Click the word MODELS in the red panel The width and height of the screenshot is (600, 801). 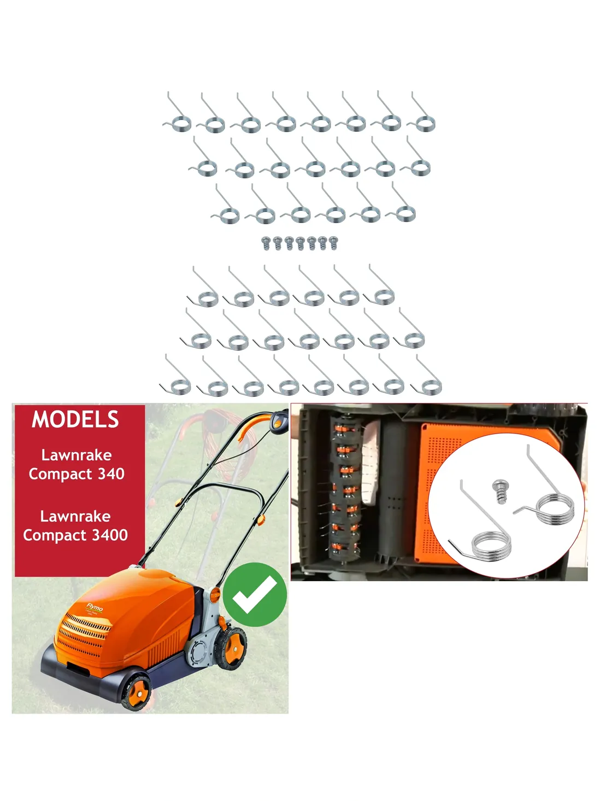pyautogui.click(x=75, y=419)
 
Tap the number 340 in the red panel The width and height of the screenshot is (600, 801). pyautogui.click(x=111, y=473)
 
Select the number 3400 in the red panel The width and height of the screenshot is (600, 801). pyautogui.click(x=110, y=535)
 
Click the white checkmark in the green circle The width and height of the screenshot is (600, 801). pyautogui.click(x=255, y=594)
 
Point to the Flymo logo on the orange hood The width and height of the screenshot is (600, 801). pyautogui.click(x=95, y=607)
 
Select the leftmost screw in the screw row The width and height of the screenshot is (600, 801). pyautogui.click(x=266, y=243)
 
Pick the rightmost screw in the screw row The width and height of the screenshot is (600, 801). pyautogui.click(x=333, y=243)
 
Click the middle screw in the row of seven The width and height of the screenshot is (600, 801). pyautogui.click(x=300, y=243)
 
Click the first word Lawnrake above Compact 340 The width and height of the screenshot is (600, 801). pyautogui.click(x=77, y=455)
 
